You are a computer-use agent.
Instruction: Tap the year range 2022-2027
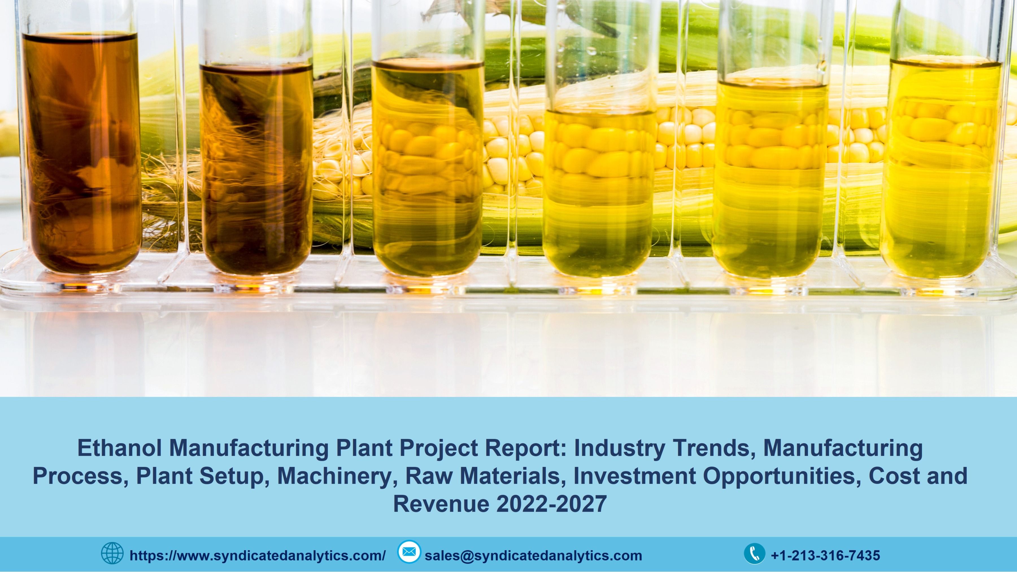552,504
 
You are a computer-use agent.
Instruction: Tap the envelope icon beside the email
409,552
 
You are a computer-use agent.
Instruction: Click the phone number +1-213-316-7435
826,555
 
